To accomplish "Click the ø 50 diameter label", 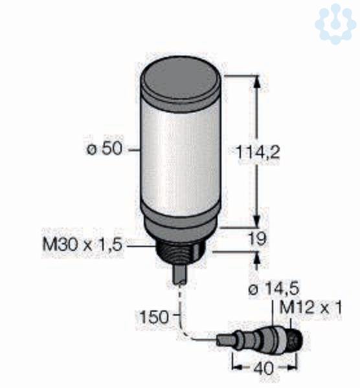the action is click(x=105, y=149).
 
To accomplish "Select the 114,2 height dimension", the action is click(x=258, y=152).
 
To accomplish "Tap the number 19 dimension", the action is click(x=258, y=239).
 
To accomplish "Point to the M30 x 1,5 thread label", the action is click(x=82, y=244).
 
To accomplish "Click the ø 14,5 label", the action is click(x=274, y=289).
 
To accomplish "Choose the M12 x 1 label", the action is click(x=310, y=308).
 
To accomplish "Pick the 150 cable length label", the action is click(x=154, y=317).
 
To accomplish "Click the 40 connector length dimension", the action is click(x=264, y=368).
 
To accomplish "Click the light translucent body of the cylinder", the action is click(x=180, y=158).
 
